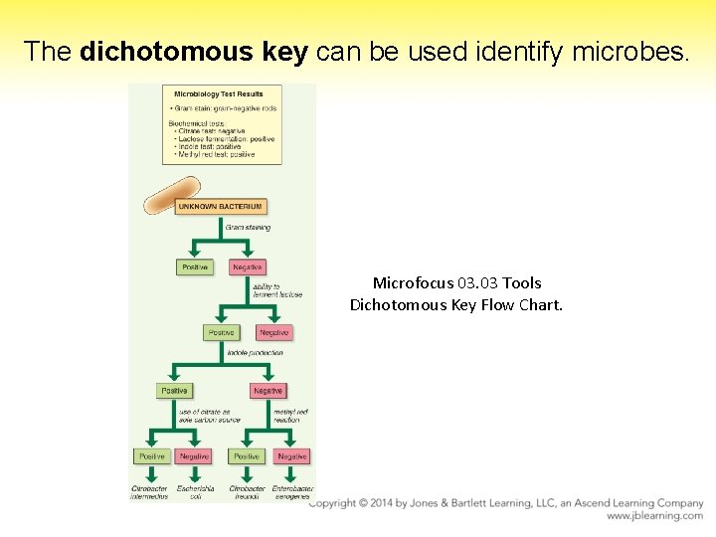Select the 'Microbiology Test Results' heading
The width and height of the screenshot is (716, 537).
[x=219, y=94]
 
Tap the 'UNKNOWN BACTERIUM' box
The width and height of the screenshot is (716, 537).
[x=221, y=207]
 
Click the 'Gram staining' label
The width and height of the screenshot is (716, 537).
[x=248, y=228]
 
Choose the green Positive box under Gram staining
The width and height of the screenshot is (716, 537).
[x=194, y=267]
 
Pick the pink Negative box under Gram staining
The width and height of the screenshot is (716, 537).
[x=247, y=267]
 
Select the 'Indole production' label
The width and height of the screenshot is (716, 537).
[x=255, y=352]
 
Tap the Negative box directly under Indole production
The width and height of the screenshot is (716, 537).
[x=268, y=391]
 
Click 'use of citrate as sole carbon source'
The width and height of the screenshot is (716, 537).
[x=204, y=416]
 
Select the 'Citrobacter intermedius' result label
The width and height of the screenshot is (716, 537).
[x=150, y=492]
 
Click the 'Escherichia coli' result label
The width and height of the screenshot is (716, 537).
[x=195, y=492]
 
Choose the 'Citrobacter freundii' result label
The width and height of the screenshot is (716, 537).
[x=248, y=492]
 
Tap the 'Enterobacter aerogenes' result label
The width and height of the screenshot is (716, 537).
[x=292, y=492]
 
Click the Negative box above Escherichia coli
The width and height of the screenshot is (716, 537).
[x=194, y=456]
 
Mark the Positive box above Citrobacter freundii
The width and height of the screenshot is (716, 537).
[x=246, y=456]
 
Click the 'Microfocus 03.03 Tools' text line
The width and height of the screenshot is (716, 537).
[x=456, y=283]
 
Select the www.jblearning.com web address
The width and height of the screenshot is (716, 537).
[x=654, y=516]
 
